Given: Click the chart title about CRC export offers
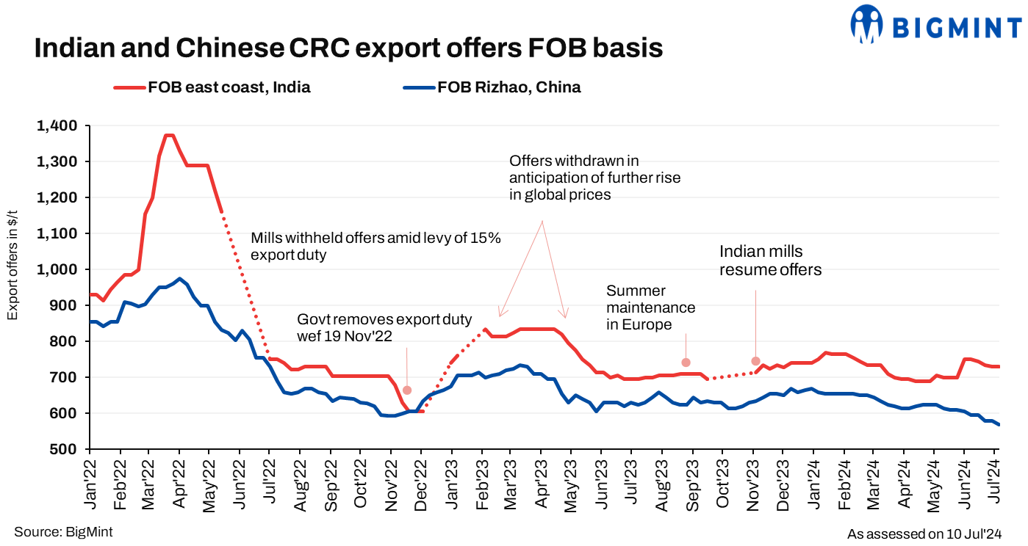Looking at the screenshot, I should coord(349,48).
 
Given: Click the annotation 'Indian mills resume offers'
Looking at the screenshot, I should coord(770,261).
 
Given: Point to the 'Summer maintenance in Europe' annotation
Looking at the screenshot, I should coord(650,307).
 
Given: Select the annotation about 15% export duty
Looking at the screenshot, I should coord(375,247).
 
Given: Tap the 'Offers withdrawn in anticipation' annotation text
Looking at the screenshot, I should coord(594,177).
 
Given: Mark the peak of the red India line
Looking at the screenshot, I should coord(170,135).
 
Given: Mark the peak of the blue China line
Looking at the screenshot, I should coord(179,279).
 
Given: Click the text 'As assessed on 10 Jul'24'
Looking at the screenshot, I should coord(924,534).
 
